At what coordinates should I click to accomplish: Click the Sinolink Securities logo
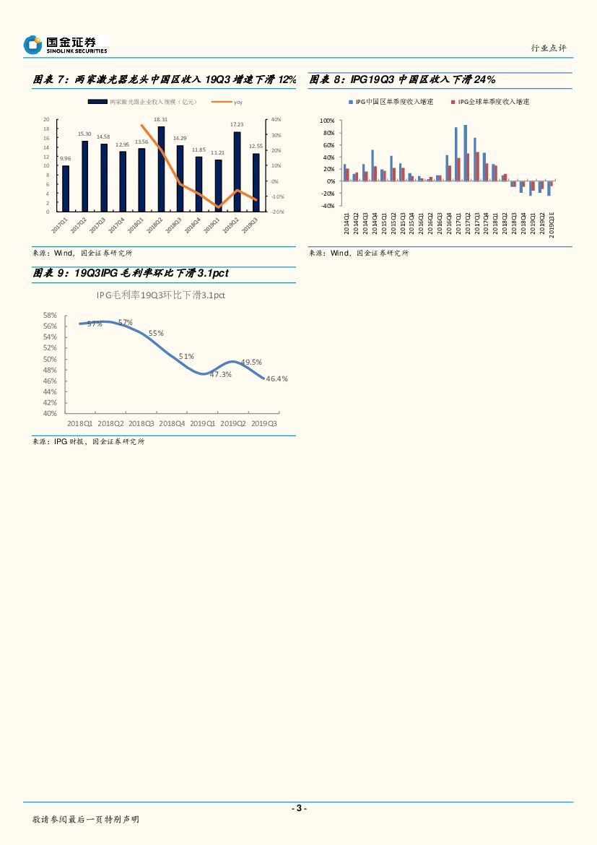(x=65, y=45)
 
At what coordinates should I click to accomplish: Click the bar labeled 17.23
(x=237, y=171)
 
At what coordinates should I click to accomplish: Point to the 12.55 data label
(x=256, y=146)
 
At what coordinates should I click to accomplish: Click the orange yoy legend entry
(x=232, y=102)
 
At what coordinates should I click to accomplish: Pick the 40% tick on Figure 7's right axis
(x=275, y=119)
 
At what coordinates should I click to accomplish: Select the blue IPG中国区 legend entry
(x=391, y=102)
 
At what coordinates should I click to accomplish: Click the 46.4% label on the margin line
(x=277, y=378)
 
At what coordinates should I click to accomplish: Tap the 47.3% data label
(x=221, y=374)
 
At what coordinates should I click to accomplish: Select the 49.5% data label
(x=250, y=362)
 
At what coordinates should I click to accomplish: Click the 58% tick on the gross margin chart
(x=50, y=316)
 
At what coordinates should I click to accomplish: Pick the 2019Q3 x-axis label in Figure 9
(x=263, y=423)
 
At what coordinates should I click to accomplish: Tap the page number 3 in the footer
(x=298, y=808)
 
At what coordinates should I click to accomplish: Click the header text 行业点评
(x=549, y=48)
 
